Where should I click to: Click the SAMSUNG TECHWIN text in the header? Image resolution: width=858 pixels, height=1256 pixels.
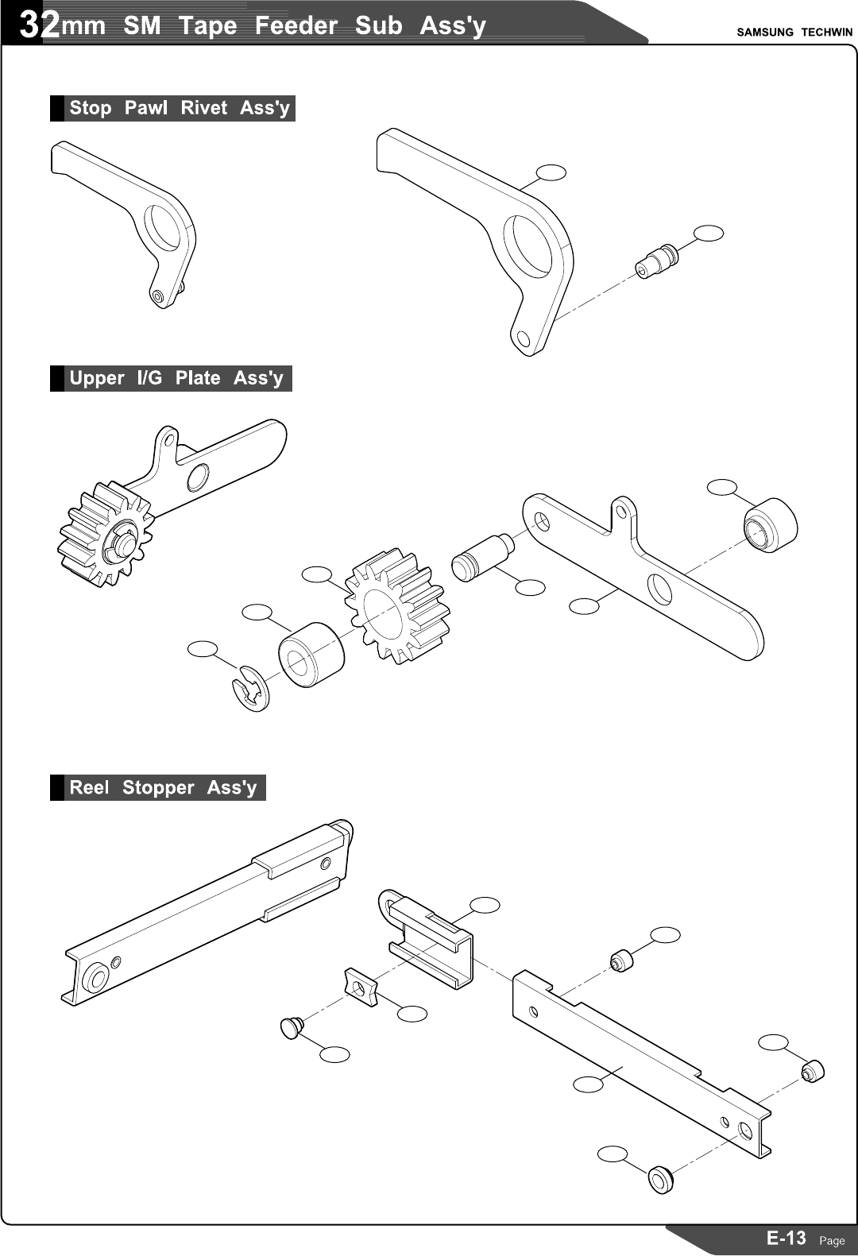pyautogui.click(x=794, y=33)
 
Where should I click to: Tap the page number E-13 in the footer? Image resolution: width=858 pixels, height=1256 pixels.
pyautogui.click(x=786, y=1238)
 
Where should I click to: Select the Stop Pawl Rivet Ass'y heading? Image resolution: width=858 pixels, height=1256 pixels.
pyautogui.click(x=179, y=108)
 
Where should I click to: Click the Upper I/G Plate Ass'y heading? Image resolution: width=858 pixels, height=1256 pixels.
pyautogui.click(x=176, y=378)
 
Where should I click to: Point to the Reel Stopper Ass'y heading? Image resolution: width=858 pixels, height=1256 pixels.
pyautogui.click(x=163, y=787)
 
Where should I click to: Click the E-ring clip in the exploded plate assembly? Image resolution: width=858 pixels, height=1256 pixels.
pyautogui.click(x=251, y=689)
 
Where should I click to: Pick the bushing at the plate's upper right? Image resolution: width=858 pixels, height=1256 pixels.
pyautogui.click(x=770, y=524)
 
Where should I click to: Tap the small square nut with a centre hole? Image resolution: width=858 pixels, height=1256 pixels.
pyautogui.click(x=360, y=987)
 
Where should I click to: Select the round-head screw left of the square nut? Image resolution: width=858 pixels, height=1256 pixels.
pyautogui.click(x=292, y=1026)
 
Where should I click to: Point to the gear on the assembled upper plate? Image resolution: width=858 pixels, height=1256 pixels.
pyautogui.click(x=105, y=535)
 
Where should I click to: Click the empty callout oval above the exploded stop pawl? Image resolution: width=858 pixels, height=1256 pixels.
pyautogui.click(x=551, y=172)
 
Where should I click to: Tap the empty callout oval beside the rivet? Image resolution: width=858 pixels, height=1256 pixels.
pyautogui.click(x=709, y=233)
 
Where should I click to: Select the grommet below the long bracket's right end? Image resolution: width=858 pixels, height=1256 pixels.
pyautogui.click(x=660, y=1179)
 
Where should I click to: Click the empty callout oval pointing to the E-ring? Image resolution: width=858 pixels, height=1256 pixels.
pyautogui.click(x=203, y=649)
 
